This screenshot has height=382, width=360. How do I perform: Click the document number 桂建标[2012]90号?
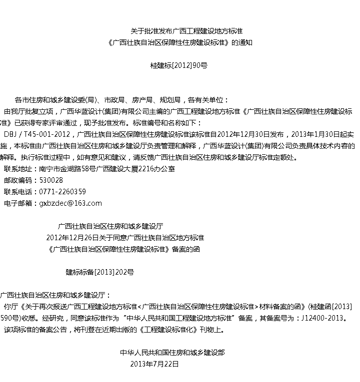click(178, 65)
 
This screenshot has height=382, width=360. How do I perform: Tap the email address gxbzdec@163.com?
click(70, 203)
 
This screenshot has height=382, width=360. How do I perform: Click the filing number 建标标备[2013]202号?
click(100, 272)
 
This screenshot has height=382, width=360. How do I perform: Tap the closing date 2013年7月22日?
click(153, 364)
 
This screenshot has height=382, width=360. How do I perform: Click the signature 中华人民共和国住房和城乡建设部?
click(172, 353)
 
